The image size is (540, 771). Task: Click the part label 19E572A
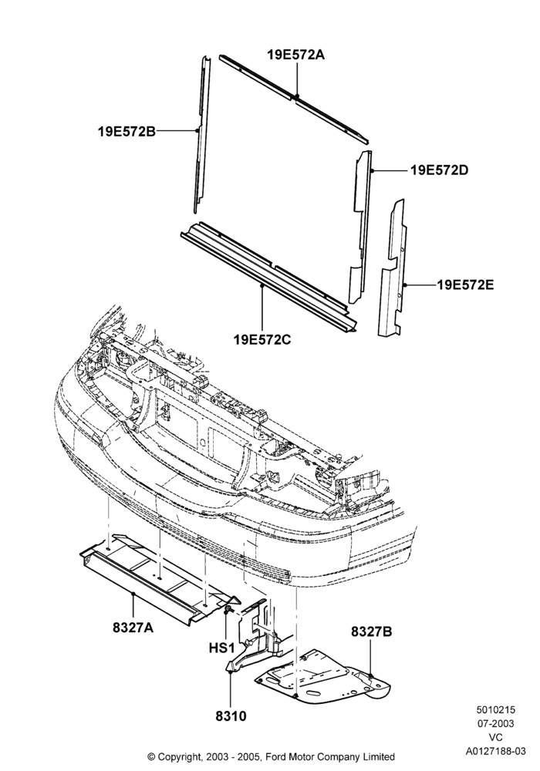tap(296, 55)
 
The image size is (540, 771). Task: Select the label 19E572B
tap(127, 131)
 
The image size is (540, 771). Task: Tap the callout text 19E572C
tap(262, 339)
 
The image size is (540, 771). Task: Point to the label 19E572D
tap(440, 170)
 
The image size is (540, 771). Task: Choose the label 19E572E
tap(466, 284)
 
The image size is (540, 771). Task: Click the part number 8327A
tap(133, 628)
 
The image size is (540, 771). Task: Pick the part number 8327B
tap(371, 631)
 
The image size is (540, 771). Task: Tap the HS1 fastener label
tap(222, 648)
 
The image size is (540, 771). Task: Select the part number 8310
tap(231, 716)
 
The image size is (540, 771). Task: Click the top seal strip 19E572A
tap(293, 99)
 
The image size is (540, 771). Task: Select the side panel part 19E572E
tap(393, 268)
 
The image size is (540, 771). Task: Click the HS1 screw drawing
tap(228, 611)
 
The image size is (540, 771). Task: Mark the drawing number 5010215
tap(495, 710)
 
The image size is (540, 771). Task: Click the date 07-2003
tap(495, 724)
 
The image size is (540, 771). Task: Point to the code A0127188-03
tap(496, 751)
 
